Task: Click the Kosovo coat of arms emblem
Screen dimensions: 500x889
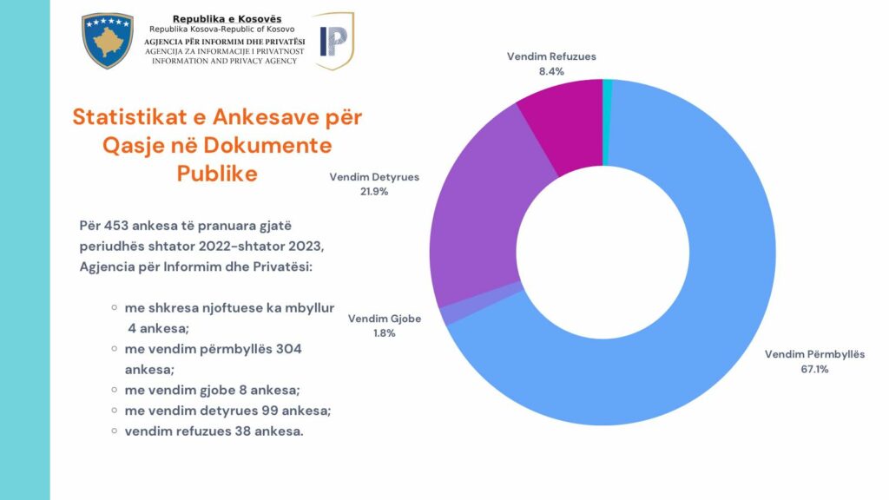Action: click(108, 41)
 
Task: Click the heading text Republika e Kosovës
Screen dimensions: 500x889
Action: click(227, 19)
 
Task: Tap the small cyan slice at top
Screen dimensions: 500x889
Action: click(608, 84)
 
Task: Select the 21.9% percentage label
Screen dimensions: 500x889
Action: click(374, 191)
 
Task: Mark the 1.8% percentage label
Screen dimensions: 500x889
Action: click(385, 333)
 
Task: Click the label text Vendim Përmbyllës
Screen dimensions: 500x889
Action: click(814, 354)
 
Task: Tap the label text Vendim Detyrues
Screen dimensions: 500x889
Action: click(374, 176)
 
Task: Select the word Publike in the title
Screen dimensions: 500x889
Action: click(217, 173)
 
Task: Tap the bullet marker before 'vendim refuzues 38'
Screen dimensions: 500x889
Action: click(115, 431)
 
